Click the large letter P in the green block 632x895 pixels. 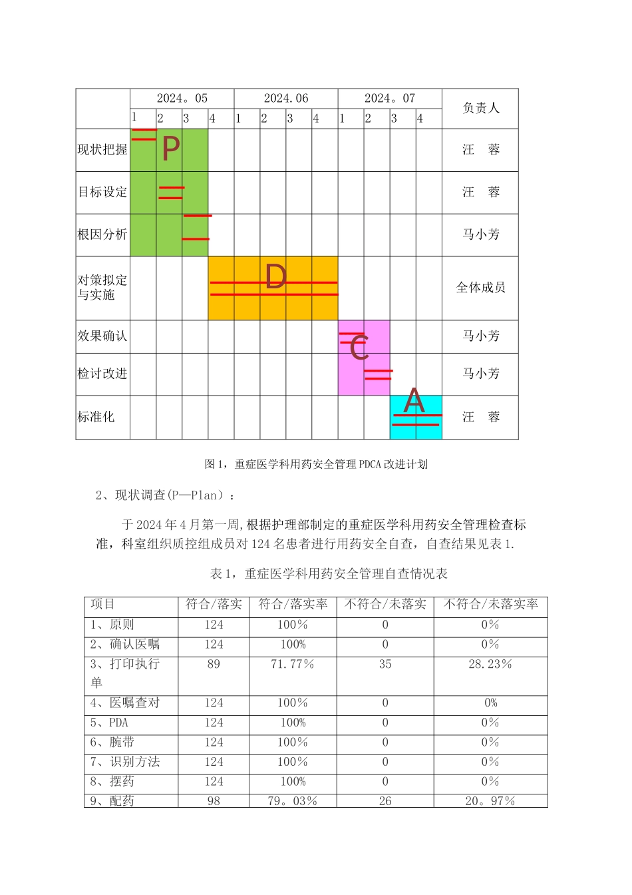click(171, 149)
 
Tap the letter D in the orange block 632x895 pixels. click(275, 277)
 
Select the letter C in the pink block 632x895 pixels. click(359, 348)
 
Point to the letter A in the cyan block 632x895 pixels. click(414, 401)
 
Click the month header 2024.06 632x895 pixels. click(286, 99)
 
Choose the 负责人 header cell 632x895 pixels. click(480, 108)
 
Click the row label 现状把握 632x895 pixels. click(102, 150)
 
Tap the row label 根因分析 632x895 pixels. click(102, 234)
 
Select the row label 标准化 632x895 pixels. click(96, 417)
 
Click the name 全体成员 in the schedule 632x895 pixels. click(480, 288)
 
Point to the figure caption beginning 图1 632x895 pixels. click(316, 464)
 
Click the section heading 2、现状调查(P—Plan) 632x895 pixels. click(166, 495)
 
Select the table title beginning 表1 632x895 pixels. click(329, 573)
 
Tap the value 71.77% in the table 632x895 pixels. click(293, 665)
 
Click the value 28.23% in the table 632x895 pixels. click(490, 665)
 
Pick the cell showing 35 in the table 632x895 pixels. click(385, 665)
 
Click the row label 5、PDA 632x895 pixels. click(110, 723)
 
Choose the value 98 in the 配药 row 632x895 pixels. click(214, 801)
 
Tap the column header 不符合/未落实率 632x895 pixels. click(490, 605)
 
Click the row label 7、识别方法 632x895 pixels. click(125, 762)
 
